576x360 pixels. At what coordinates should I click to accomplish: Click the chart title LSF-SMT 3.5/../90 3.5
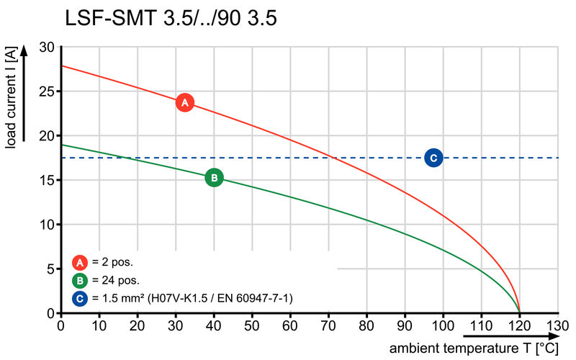click(x=171, y=18)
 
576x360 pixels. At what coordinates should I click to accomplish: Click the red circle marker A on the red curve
click(x=184, y=103)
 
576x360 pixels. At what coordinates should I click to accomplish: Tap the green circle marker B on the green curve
click(x=214, y=177)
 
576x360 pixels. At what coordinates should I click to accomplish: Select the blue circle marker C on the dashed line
click(x=433, y=158)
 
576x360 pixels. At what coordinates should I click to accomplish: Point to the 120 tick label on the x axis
click(x=519, y=325)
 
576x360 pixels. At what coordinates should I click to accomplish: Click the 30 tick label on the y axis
click(x=48, y=47)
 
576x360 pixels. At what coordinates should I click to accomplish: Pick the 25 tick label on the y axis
click(x=48, y=91)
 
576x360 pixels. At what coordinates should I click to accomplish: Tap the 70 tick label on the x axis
click(x=328, y=325)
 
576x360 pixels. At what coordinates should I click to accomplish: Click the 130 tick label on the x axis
click(x=557, y=325)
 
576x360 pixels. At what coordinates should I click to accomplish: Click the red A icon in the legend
click(x=79, y=263)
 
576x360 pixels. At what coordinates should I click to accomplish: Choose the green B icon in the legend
click(x=79, y=280)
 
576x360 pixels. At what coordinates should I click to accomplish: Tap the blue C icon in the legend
click(x=79, y=297)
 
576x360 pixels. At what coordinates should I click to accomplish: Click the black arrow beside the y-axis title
click(x=24, y=94)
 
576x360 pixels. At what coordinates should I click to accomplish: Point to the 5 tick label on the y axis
click(x=51, y=269)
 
